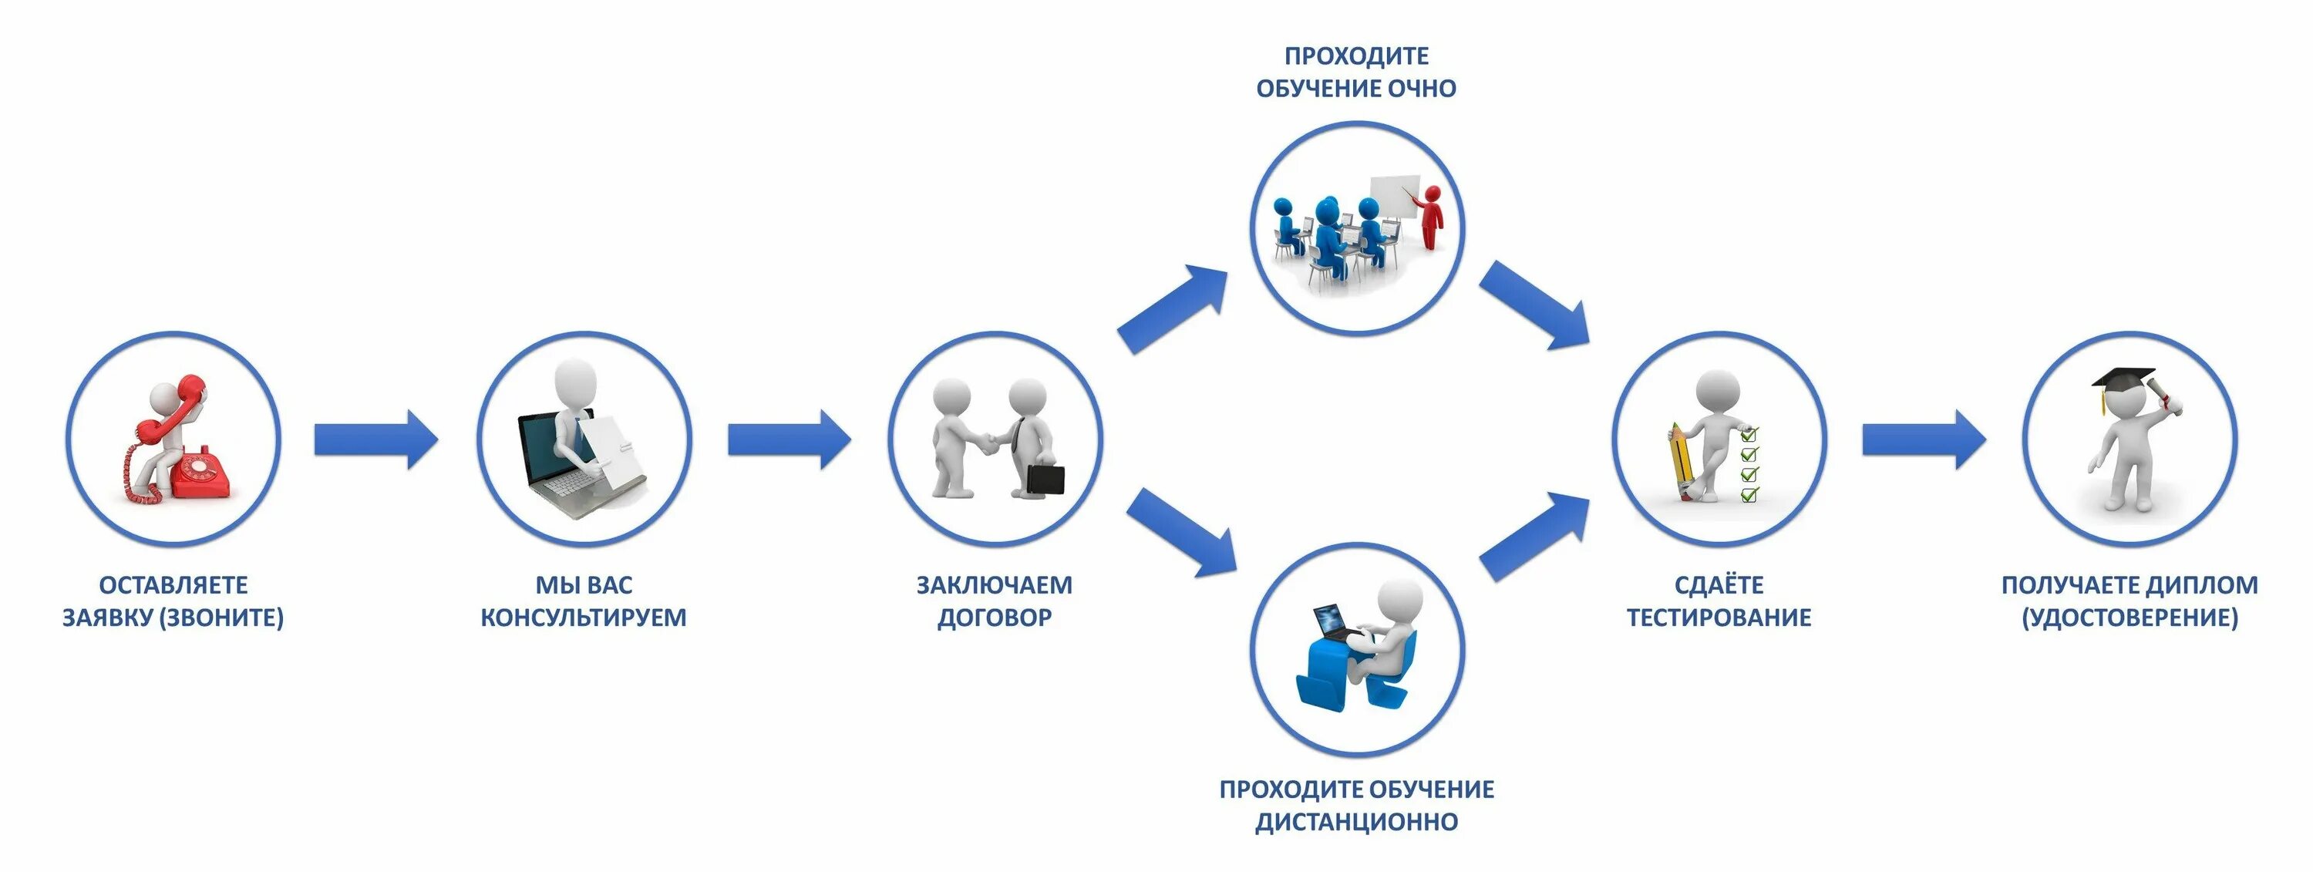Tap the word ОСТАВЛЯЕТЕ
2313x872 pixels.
173,584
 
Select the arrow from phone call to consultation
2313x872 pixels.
375,440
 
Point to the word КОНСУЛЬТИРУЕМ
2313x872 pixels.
584,618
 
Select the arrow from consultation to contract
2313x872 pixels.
789,440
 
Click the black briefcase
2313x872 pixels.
1045,479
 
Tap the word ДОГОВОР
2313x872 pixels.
995,618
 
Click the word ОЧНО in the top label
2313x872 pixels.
1422,88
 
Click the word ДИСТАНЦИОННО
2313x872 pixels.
1357,822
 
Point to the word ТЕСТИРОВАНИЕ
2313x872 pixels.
1719,618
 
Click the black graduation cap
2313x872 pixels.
2123,379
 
